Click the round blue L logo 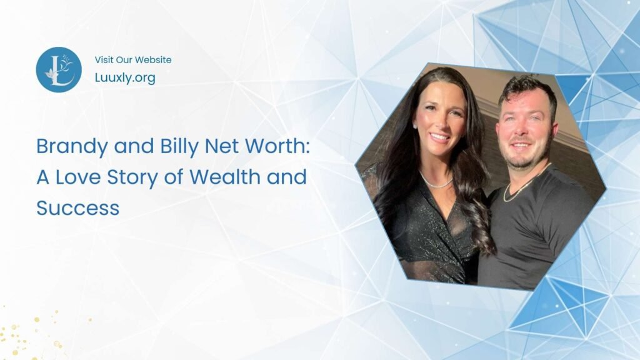pyautogui.click(x=59, y=69)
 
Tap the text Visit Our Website pyautogui.click(x=133, y=60)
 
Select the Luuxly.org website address pyautogui.click(x=125, y=78)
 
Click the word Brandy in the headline pyautogui.click(x=70, y=146)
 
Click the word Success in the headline pyautogui.click(x=77, y=207)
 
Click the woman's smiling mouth pyautogui.click(x=440, y=136)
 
